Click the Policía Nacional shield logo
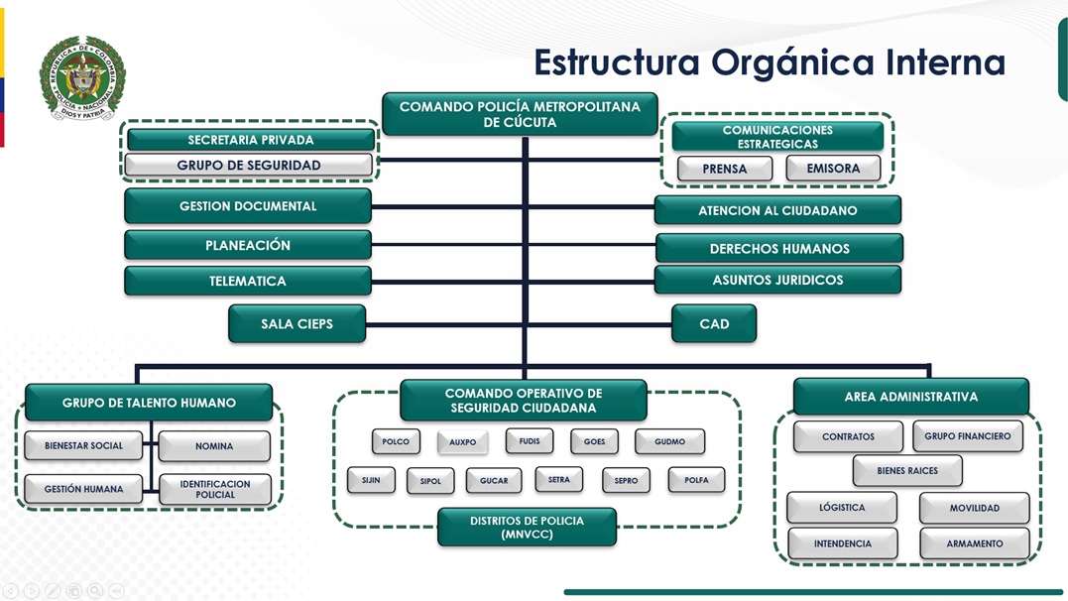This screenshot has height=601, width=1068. (82, 78)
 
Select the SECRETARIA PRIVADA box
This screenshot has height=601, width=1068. (250, 140)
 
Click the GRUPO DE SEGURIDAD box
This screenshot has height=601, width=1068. (249, 166)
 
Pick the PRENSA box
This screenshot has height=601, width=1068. (725, 169)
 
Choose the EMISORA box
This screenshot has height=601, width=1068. (833, 169)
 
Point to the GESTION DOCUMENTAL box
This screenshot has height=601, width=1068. (248, 206)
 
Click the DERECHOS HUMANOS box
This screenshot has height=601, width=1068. (779, 249)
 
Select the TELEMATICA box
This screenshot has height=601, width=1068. (248, 281)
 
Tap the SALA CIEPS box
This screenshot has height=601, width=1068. (297, 324)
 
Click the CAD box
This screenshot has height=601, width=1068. (714, 324)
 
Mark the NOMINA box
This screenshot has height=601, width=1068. (214, 446)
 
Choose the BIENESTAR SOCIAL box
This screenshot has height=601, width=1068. (84, 446)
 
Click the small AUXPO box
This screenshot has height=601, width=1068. (463, 442)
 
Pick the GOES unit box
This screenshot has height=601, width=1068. (595, 441)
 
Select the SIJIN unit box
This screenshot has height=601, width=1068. (371, 480)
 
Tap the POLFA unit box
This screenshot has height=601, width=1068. (696, 480)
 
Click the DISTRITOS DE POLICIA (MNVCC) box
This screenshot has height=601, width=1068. (527, 528)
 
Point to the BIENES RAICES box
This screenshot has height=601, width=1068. (907, 471)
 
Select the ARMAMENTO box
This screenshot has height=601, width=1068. (975, 543)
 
